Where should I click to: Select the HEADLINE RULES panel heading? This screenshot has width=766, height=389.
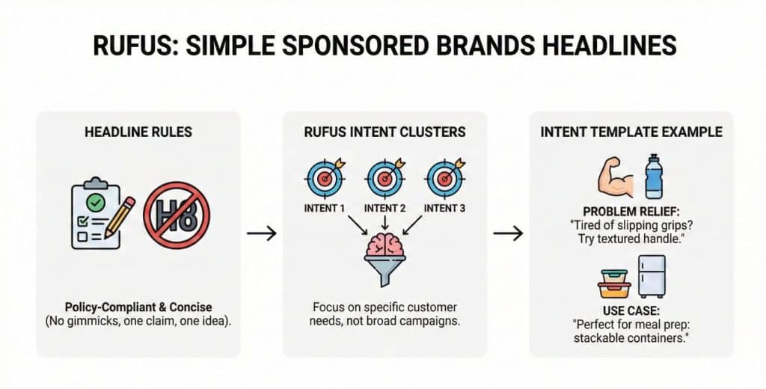pos(138,132)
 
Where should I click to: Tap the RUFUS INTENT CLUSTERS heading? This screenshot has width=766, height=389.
pos(384,132)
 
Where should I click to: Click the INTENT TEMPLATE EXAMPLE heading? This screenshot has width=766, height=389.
pos(631,132)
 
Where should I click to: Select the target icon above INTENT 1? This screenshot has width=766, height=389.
pos(325,178)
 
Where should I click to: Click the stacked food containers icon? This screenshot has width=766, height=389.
pos(615,282)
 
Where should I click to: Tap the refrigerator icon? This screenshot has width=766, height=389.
pos(651,277)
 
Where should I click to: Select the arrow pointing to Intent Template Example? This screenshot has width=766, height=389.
pos(508,234)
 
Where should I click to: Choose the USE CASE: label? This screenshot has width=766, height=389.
pos(631,310)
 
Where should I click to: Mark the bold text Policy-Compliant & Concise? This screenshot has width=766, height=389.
pos(138,307)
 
